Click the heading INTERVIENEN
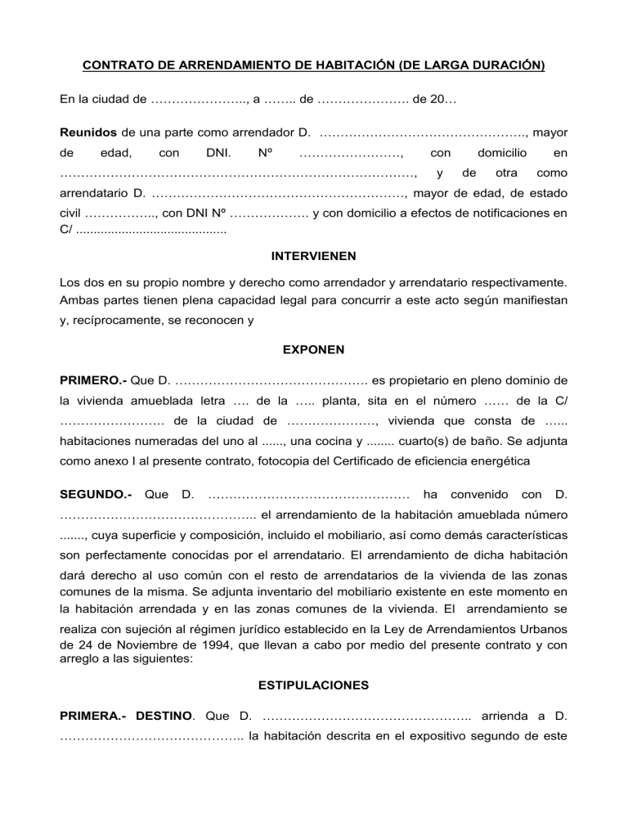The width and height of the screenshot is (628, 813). click(313, 256)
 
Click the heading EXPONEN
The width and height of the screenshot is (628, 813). click(313, 349)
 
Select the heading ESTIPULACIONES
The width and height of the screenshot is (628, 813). click(313, 684)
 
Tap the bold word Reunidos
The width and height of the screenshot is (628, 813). click(89, 131)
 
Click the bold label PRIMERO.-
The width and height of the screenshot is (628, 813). click(93, 380)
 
